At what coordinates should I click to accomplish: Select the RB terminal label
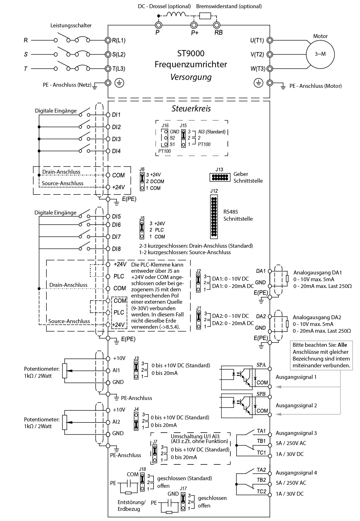pos(219,33)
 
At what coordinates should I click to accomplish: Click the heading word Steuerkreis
pos(191,109)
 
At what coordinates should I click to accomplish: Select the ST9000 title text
pos(191,53)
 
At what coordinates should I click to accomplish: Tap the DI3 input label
pos(116,139)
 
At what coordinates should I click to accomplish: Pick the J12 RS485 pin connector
pos(214,216)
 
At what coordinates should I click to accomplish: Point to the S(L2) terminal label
pos(119,54)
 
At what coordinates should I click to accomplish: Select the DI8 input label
pos(116,249)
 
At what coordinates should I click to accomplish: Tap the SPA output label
pos(261,365)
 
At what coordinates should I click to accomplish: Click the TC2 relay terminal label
pos(261,491)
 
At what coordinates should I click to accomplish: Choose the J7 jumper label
pos(155,442)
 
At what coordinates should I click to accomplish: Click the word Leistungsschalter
pos(71,26)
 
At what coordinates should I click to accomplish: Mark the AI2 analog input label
pos(116,422)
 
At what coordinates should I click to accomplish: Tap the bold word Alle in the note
pos(342,345)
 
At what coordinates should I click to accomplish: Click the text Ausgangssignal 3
pos(296,433)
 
